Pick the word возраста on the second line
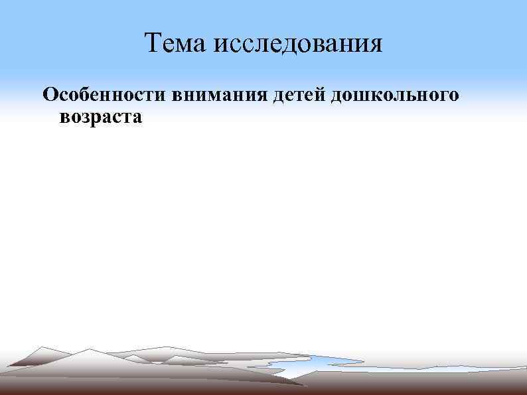[x=100, y=118]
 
